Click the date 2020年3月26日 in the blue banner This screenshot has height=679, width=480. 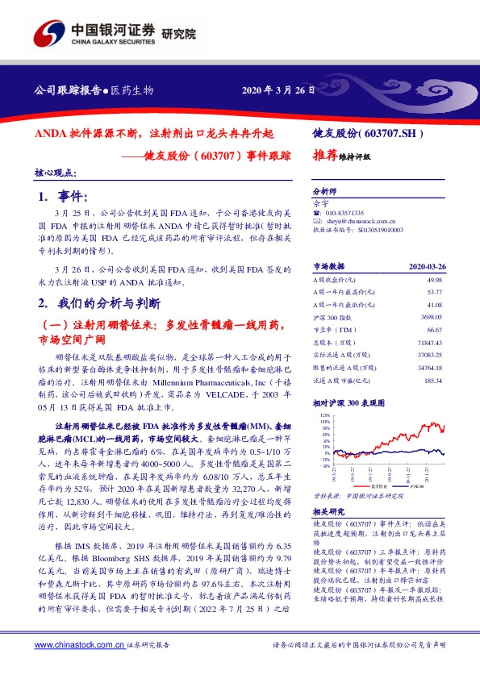pos(278,90)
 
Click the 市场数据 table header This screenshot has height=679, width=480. pos(330,265)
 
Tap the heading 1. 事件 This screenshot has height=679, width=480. pos(66,197)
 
